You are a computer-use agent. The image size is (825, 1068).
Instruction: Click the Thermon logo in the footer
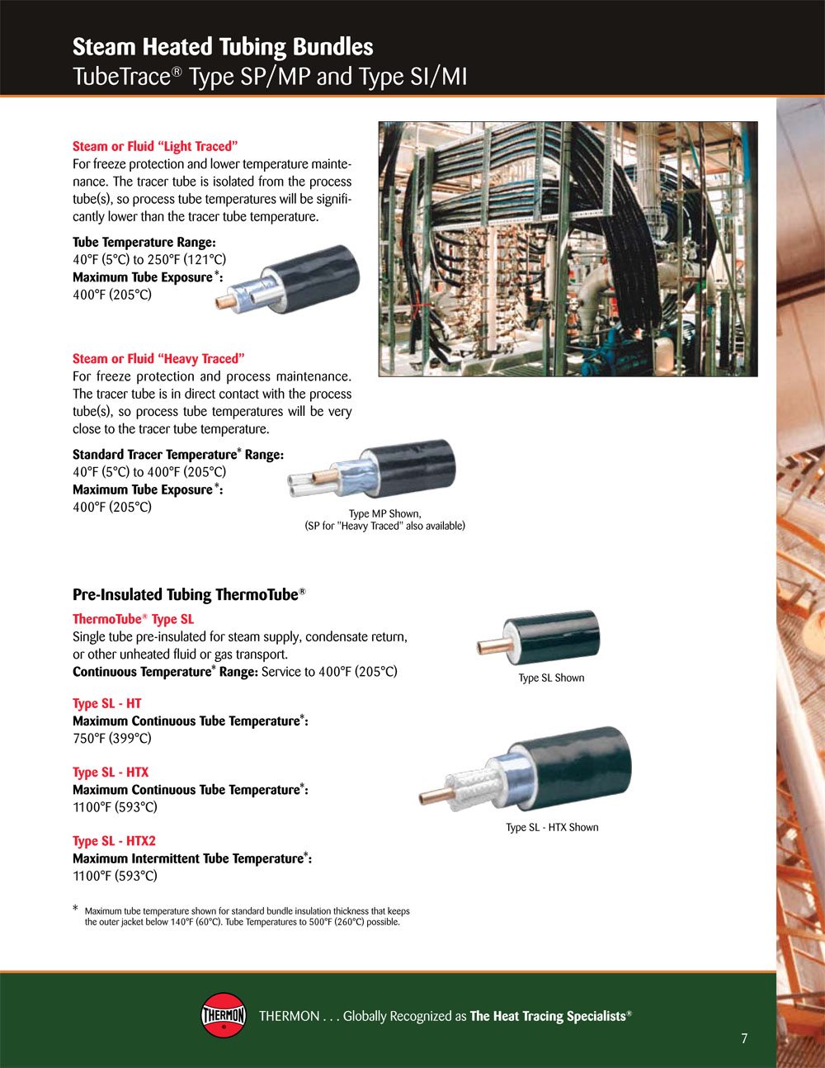tap(223, 1015)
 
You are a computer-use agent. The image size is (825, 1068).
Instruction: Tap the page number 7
tap(744, 1038)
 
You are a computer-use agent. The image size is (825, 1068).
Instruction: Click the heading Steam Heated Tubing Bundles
tap(223, 47)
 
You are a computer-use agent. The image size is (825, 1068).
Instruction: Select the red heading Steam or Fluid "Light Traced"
tap(155, 146)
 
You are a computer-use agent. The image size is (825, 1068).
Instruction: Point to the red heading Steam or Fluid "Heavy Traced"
tap(158, 359)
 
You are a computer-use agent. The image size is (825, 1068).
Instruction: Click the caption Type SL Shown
tap(551, 678)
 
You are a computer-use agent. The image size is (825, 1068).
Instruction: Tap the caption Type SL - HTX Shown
tap(553, 827)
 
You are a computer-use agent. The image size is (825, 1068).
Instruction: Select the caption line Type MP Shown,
tap(385, 513)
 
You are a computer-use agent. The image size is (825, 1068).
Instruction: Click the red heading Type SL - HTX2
tap(114, 841)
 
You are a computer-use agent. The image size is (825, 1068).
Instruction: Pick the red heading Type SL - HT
tap(107, 703)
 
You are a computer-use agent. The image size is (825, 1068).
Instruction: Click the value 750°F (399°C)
tap(112, 738)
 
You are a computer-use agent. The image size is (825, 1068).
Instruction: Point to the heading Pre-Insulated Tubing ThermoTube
tap(189, 595)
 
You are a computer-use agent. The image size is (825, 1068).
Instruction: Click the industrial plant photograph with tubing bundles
tap(568, 249)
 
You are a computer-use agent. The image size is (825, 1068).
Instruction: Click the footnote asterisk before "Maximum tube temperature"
tap(76, 909)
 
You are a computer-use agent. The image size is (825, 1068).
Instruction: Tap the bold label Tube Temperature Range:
tap(144, 243)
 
